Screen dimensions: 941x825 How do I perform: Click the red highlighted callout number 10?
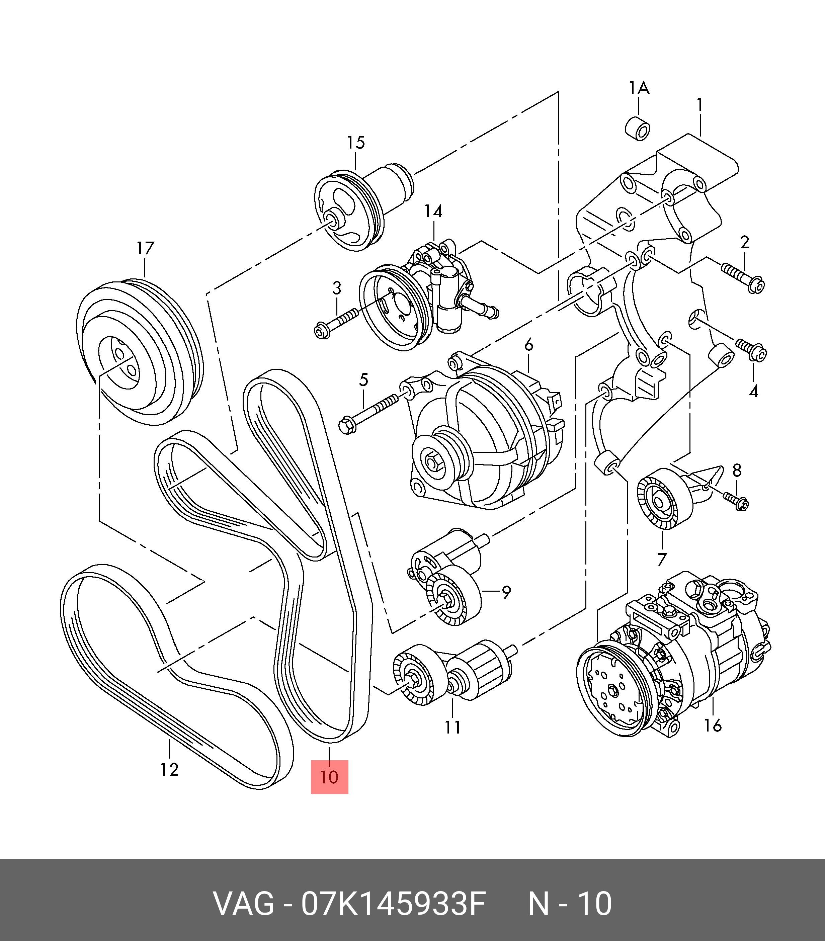pos(329,777)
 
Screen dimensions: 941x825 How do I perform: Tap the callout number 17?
pos(145,249)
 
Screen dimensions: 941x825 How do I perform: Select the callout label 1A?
pos(639,87)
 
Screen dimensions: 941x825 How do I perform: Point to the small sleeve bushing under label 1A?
pos(638,127)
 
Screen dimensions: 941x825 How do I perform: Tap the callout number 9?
pos(506,592)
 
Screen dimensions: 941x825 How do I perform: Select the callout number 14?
pos(433,211)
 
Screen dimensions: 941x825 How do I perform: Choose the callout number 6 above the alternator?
pos(528,345)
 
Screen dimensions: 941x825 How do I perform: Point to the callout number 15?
pos(356,143)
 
